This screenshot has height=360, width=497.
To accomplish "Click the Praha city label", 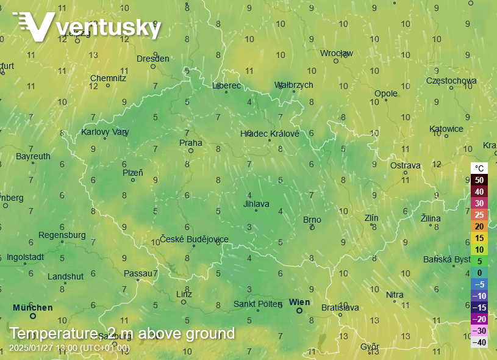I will (x=190, y=143).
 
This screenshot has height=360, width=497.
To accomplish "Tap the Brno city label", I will (x=312, y=220).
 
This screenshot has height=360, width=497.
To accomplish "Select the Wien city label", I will (x=299, y=302).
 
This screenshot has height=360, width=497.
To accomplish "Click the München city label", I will (x=32, y=308).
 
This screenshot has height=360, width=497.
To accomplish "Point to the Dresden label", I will (x=152, y=59).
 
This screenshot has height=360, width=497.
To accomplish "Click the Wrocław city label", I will (x=337, y=53).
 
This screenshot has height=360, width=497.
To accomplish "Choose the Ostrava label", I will (x=406, y=165).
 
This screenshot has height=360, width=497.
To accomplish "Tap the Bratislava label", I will (x=340, y=308).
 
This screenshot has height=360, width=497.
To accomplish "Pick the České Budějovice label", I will (x=194, y=239).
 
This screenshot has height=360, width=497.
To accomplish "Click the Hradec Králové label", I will (x=270, y=134).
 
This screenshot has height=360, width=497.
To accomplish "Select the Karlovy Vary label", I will (x=105, y=132).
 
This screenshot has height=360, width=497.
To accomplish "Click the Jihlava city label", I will (x=256, y=204).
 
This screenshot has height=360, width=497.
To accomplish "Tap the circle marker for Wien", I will (x=299, y=311).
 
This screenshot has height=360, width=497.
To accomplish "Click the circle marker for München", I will (x=33, y=316).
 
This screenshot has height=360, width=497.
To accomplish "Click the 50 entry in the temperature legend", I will (x=479, y=180).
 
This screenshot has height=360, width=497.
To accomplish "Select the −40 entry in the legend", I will (x=479, y=342).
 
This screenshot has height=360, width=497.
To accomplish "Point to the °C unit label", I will (x=479, y=168).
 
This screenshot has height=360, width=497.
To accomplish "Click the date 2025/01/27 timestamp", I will (x=30, y=348).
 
